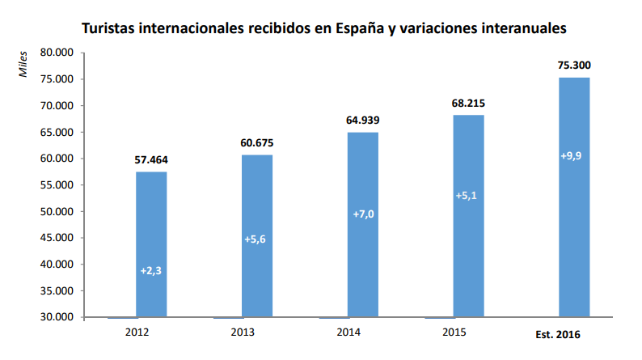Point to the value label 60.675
257,143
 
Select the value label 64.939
363,121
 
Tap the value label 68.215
468,104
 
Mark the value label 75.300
574,66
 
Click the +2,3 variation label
151,271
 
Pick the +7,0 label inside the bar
363,214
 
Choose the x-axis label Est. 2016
559,334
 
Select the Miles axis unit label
23,64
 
